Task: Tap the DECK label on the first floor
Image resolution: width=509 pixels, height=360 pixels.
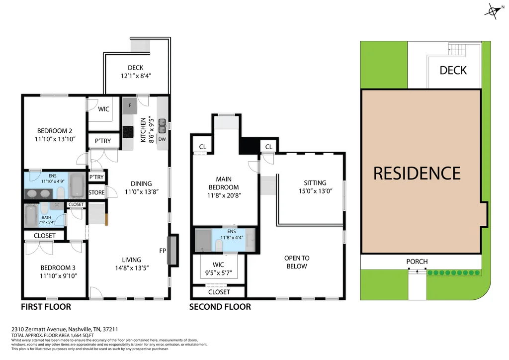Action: [135, 68]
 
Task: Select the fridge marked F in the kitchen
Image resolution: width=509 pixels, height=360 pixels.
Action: [130, 105]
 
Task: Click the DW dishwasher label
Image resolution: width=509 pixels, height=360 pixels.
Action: [162, 139]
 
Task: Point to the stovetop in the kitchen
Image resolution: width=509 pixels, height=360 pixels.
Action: [128, 132]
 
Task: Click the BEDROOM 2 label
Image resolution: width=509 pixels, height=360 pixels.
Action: [55, 131]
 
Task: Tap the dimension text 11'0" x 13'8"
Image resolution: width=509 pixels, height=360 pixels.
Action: [142, 192]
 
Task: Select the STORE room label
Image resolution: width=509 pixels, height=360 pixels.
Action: [96, 192]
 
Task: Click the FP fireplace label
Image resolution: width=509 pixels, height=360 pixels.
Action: [163, 251]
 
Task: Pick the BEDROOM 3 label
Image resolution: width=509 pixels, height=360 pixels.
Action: [58, 268]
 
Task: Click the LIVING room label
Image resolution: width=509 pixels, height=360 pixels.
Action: [131, 260]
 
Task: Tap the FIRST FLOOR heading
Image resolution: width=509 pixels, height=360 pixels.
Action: [46, 307]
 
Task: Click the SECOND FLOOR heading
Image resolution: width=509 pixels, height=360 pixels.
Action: [220, 307]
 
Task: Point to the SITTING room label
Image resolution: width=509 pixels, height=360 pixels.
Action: [315, 183]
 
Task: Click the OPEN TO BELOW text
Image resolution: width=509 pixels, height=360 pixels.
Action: [297, 262]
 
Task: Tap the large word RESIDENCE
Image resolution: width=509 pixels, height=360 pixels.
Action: [417, 173]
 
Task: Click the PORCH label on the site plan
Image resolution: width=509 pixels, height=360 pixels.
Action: [417, 262]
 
